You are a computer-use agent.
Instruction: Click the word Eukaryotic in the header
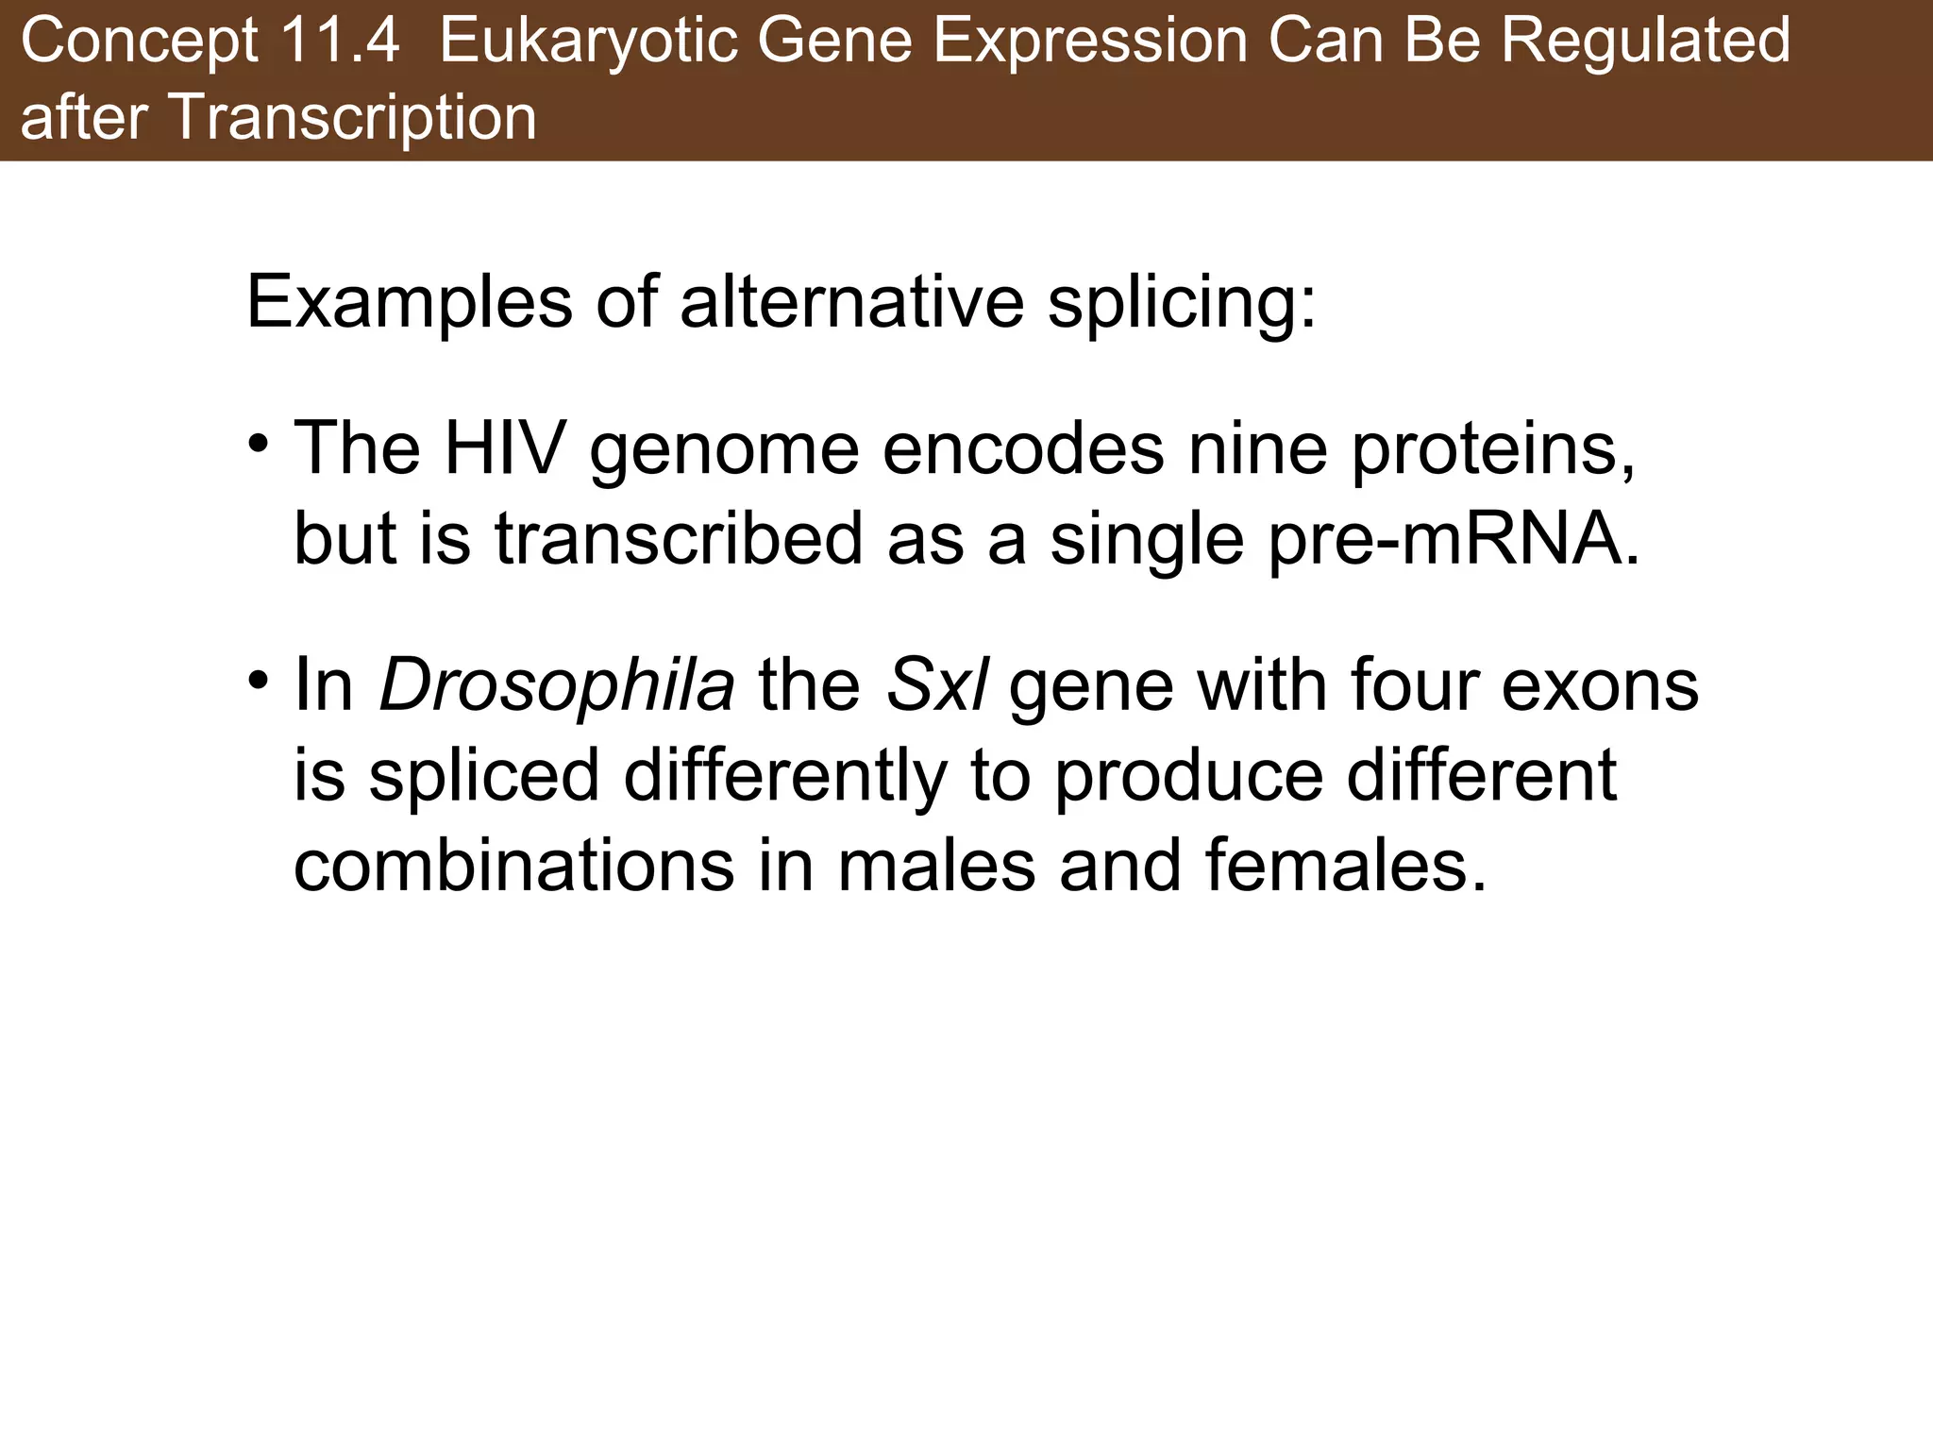(x=587, y=42)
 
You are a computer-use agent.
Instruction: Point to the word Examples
(x=409, y=303)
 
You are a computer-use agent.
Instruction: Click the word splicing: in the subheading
(x=1182, y=303)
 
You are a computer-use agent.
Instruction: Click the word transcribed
(x=679, y=538)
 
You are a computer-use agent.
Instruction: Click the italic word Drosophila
(x=557, y=685)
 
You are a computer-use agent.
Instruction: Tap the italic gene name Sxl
(x=936, y=685)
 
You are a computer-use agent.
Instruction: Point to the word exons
(x=1601, y=685)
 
